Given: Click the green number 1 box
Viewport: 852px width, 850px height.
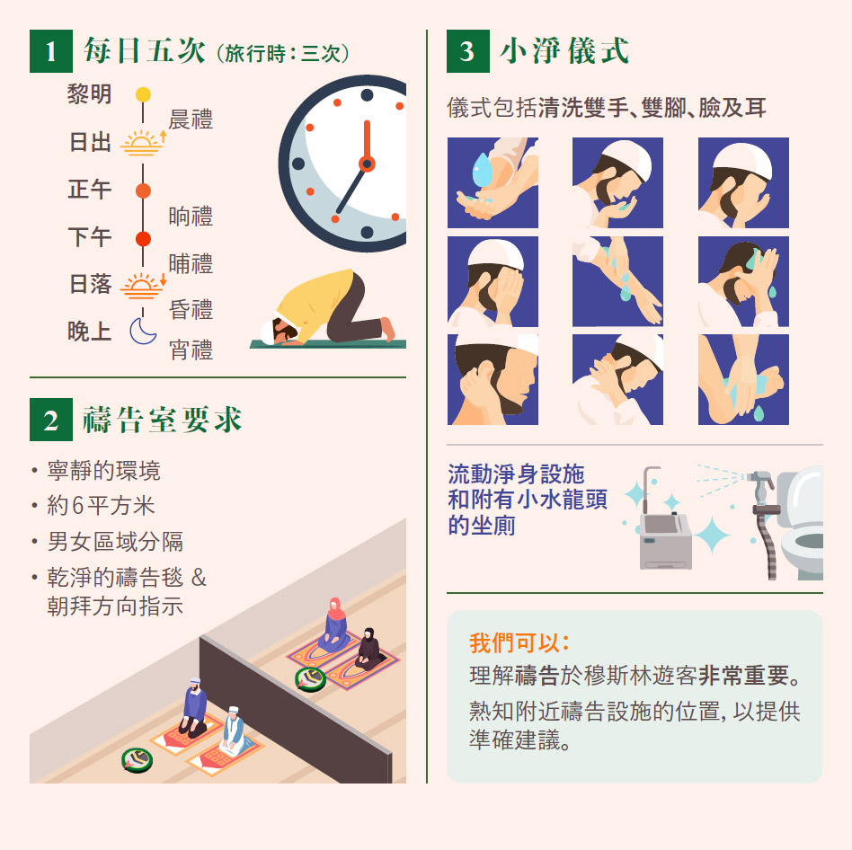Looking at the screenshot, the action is (x=51, y=51).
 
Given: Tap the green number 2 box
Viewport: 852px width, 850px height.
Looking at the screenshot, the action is (x=51, y=420).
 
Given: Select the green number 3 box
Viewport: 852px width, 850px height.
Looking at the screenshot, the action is (x=468, y=51).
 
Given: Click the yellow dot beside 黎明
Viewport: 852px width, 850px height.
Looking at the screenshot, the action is (x=143, y=94).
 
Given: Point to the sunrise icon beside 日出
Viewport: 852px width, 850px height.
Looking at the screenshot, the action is (x=143, y=143).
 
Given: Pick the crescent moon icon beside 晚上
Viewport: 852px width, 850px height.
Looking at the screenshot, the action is (x=142, y=331).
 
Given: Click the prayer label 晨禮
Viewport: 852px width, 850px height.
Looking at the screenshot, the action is (x=191, y=120).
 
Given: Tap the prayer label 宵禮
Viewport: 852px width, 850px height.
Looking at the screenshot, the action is (x=191, y=350).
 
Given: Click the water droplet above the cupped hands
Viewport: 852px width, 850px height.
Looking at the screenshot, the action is (x=482, y=170).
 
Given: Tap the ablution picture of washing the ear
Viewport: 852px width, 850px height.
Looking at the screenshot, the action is (x=493, y=379).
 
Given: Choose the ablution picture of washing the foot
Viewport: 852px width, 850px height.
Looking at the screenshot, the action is (x=743, y=379).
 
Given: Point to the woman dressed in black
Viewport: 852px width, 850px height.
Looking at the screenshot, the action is (x=370, y=649).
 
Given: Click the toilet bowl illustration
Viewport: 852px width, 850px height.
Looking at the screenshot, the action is (x=801, y=521).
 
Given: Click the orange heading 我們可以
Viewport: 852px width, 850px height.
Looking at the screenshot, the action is (x=519, y=642).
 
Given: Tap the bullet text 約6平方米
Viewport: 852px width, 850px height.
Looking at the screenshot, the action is (x=101, y=506).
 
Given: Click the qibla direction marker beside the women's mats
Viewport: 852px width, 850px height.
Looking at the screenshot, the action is (x=310, y=679).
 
